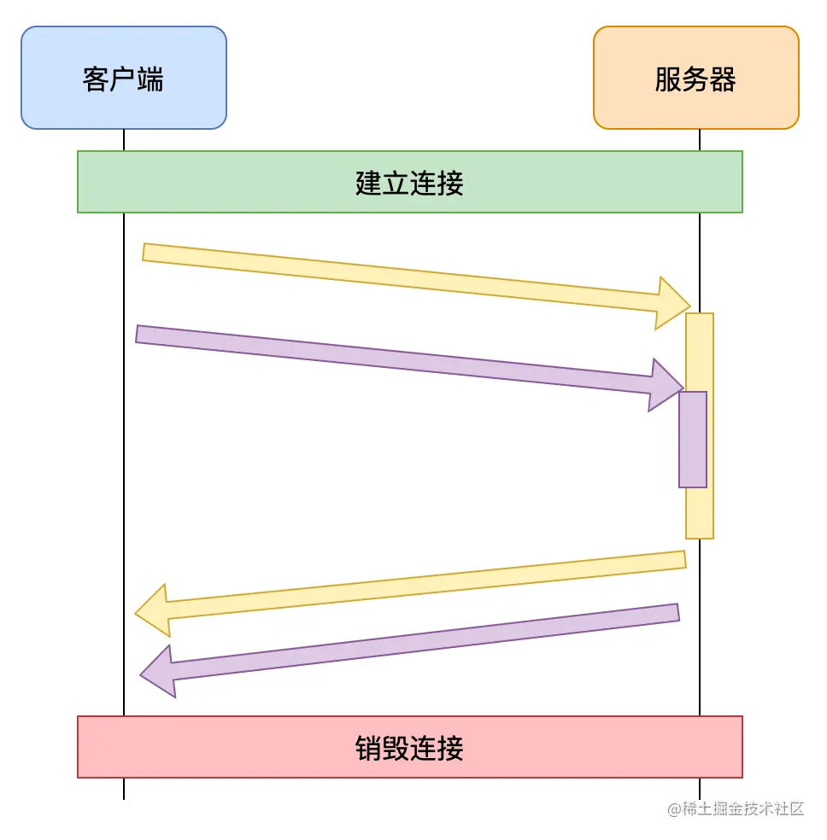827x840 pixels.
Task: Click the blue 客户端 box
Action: tap(124, 78)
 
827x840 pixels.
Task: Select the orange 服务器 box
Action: tap(695, 78)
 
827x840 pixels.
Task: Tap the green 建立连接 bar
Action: tap(409, 182)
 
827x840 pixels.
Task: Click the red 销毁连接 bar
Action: tap(409, 747)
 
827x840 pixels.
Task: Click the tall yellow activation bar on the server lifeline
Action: tap(700, 512)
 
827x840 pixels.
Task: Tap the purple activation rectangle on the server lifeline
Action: tap(693, 440)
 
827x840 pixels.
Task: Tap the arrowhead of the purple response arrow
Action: tap(160, 672)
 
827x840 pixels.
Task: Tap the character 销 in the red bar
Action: tap(368, 748)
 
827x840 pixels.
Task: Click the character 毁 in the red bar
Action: tap(396, 748)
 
